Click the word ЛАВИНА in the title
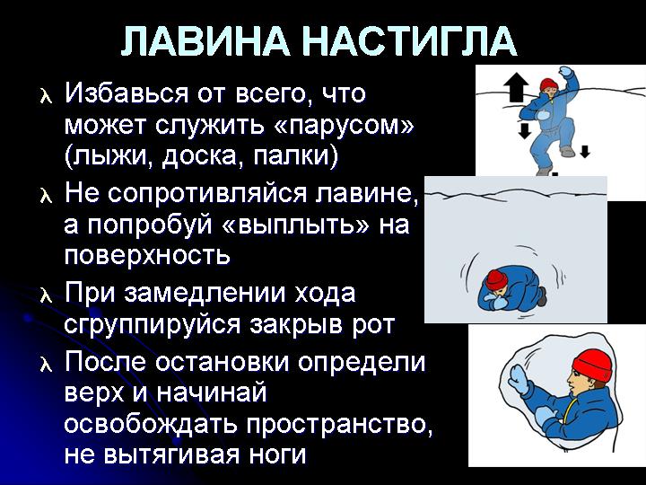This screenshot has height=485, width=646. (205, 41)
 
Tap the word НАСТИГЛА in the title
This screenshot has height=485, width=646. (410, 41)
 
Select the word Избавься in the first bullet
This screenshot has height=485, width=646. (126, 94)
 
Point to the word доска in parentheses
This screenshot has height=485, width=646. (202, 158)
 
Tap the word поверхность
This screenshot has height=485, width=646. (147, 257)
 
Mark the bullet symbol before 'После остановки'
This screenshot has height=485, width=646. (46, 366)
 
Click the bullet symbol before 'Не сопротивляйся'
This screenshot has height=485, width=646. (46, 196)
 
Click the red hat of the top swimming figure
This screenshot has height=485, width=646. (549, 84)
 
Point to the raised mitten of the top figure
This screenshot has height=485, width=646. (566, 72)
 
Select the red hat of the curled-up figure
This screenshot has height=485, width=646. (496, 280)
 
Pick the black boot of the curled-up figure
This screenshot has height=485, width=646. (542, 296)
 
